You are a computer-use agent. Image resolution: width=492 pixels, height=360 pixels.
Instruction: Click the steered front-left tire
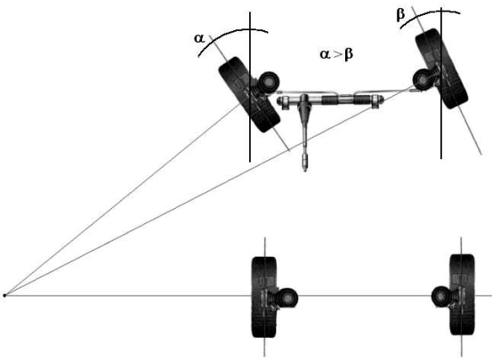(249, 94)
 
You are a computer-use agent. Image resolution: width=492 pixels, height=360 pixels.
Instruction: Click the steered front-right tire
(442, 68)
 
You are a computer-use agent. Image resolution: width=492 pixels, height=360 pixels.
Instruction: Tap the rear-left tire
(264, 297)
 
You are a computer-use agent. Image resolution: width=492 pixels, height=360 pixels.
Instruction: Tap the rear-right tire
(462, 294)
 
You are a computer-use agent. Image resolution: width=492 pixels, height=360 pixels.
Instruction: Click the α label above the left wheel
(199, 38)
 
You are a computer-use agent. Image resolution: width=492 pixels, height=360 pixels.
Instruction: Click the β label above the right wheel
(400, 14)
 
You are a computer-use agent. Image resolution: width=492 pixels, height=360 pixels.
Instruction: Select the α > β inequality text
(336, 54)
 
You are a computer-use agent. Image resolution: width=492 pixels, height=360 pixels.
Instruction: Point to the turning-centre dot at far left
(4, 295)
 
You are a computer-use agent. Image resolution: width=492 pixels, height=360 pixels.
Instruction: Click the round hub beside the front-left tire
(270, 82)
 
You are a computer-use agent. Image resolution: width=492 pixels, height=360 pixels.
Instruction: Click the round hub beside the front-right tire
(423, 80)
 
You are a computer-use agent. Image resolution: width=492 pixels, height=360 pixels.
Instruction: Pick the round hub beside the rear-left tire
(287, 298)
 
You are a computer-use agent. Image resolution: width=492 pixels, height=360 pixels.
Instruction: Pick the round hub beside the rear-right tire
(441, 296)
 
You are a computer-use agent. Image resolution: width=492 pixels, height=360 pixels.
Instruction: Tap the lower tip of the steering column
(304, 171)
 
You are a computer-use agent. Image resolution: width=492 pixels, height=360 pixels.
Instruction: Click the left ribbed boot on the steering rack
(330, 100)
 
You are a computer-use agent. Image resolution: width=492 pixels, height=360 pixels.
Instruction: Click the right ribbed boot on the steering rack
(363, 100)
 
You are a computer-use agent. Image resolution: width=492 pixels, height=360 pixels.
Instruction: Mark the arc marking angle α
(233, 32)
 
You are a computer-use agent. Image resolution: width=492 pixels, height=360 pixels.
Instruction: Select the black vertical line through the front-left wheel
(250, 87)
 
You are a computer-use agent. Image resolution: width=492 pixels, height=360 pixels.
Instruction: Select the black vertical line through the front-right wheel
(441, 83)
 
